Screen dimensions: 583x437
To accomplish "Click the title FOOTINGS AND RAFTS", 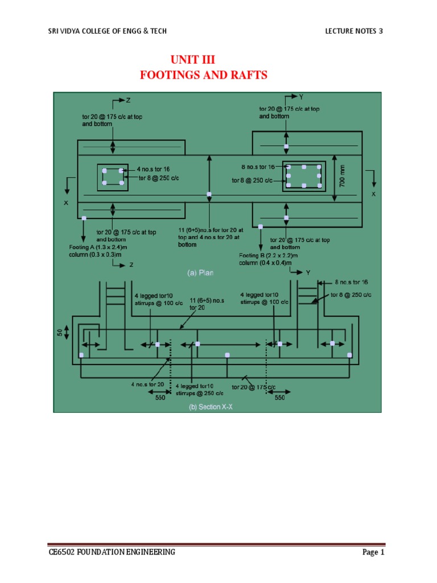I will [x=203, y=75].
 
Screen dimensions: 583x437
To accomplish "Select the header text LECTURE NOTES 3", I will [x=353, y=31].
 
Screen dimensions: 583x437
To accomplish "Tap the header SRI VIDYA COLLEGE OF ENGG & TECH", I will [x=108, y=31].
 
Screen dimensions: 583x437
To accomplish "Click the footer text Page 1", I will [x=373, y=552].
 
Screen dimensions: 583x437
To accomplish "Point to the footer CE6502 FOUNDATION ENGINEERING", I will [x=111, y=552].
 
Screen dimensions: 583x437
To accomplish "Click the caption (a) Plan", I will [x=201, y=273].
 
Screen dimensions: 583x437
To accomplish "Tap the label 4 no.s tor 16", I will [x=152, y=169].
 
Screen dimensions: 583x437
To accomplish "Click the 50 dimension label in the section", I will [x=59, y=330].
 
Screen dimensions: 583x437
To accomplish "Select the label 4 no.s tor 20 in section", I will [x=147, y=384].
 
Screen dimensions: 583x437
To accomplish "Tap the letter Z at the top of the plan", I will [x=129, y=101].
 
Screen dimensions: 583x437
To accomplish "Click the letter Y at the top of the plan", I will [x=301, y=97].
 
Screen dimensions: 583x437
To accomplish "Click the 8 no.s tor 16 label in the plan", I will [x=258, y=167].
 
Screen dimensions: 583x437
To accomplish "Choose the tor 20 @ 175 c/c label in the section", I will [x=253, y=387].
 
